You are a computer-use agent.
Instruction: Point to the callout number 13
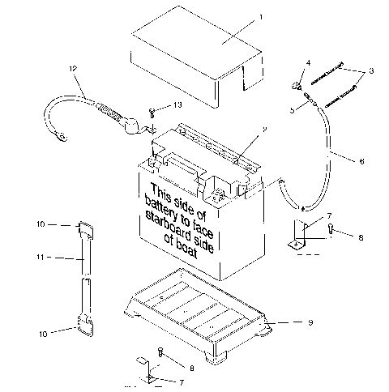click(x=178, y=107)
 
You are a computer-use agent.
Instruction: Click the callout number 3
click(x=371, y=72)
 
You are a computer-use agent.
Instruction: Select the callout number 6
click(x=361, y=161)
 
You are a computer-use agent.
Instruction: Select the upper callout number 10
click(x=41, y=224)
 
